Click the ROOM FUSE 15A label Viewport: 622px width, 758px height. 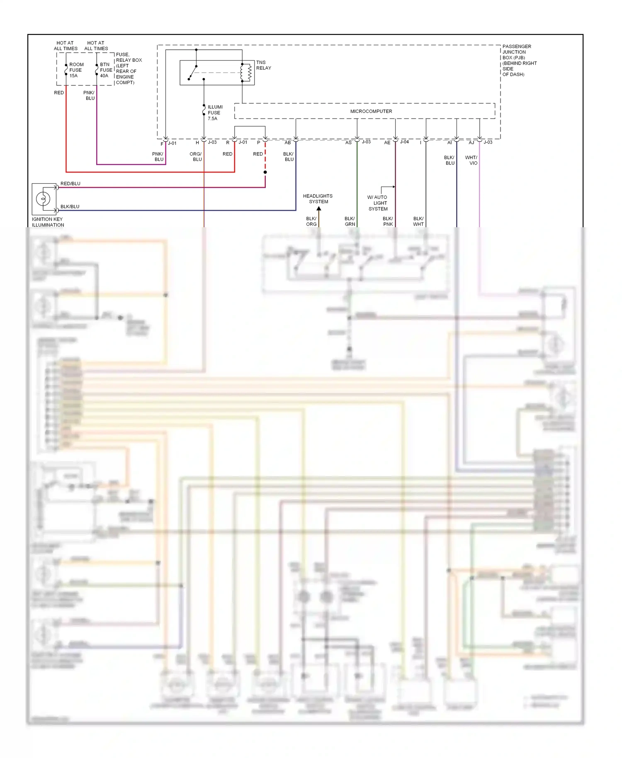[76, 70]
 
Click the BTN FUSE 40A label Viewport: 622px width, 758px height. [106, 70]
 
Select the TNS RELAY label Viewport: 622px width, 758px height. [263, 65]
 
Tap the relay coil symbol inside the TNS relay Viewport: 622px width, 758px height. [249, 73]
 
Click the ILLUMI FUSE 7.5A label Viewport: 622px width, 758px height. [215, 113]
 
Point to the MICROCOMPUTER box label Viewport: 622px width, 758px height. [371, 111]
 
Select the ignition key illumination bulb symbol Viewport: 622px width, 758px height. [43, 199]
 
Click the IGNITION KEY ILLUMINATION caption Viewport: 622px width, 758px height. [48, 222]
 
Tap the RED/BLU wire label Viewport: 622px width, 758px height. [70, 184]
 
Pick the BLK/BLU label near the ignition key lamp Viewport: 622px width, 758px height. [70, 207]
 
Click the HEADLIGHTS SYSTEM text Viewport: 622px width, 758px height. [318, 199]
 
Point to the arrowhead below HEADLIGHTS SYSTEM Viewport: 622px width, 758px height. [318, 209]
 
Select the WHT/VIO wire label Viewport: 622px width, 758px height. [471, 160]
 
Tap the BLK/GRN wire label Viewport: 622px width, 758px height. [350, 221]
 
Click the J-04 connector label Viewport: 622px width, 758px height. [404, 142]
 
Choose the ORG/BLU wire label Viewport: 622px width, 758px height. [196, 157]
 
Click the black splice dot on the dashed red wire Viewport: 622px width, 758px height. [265, 172]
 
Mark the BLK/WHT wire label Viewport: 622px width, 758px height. [418, 221]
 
